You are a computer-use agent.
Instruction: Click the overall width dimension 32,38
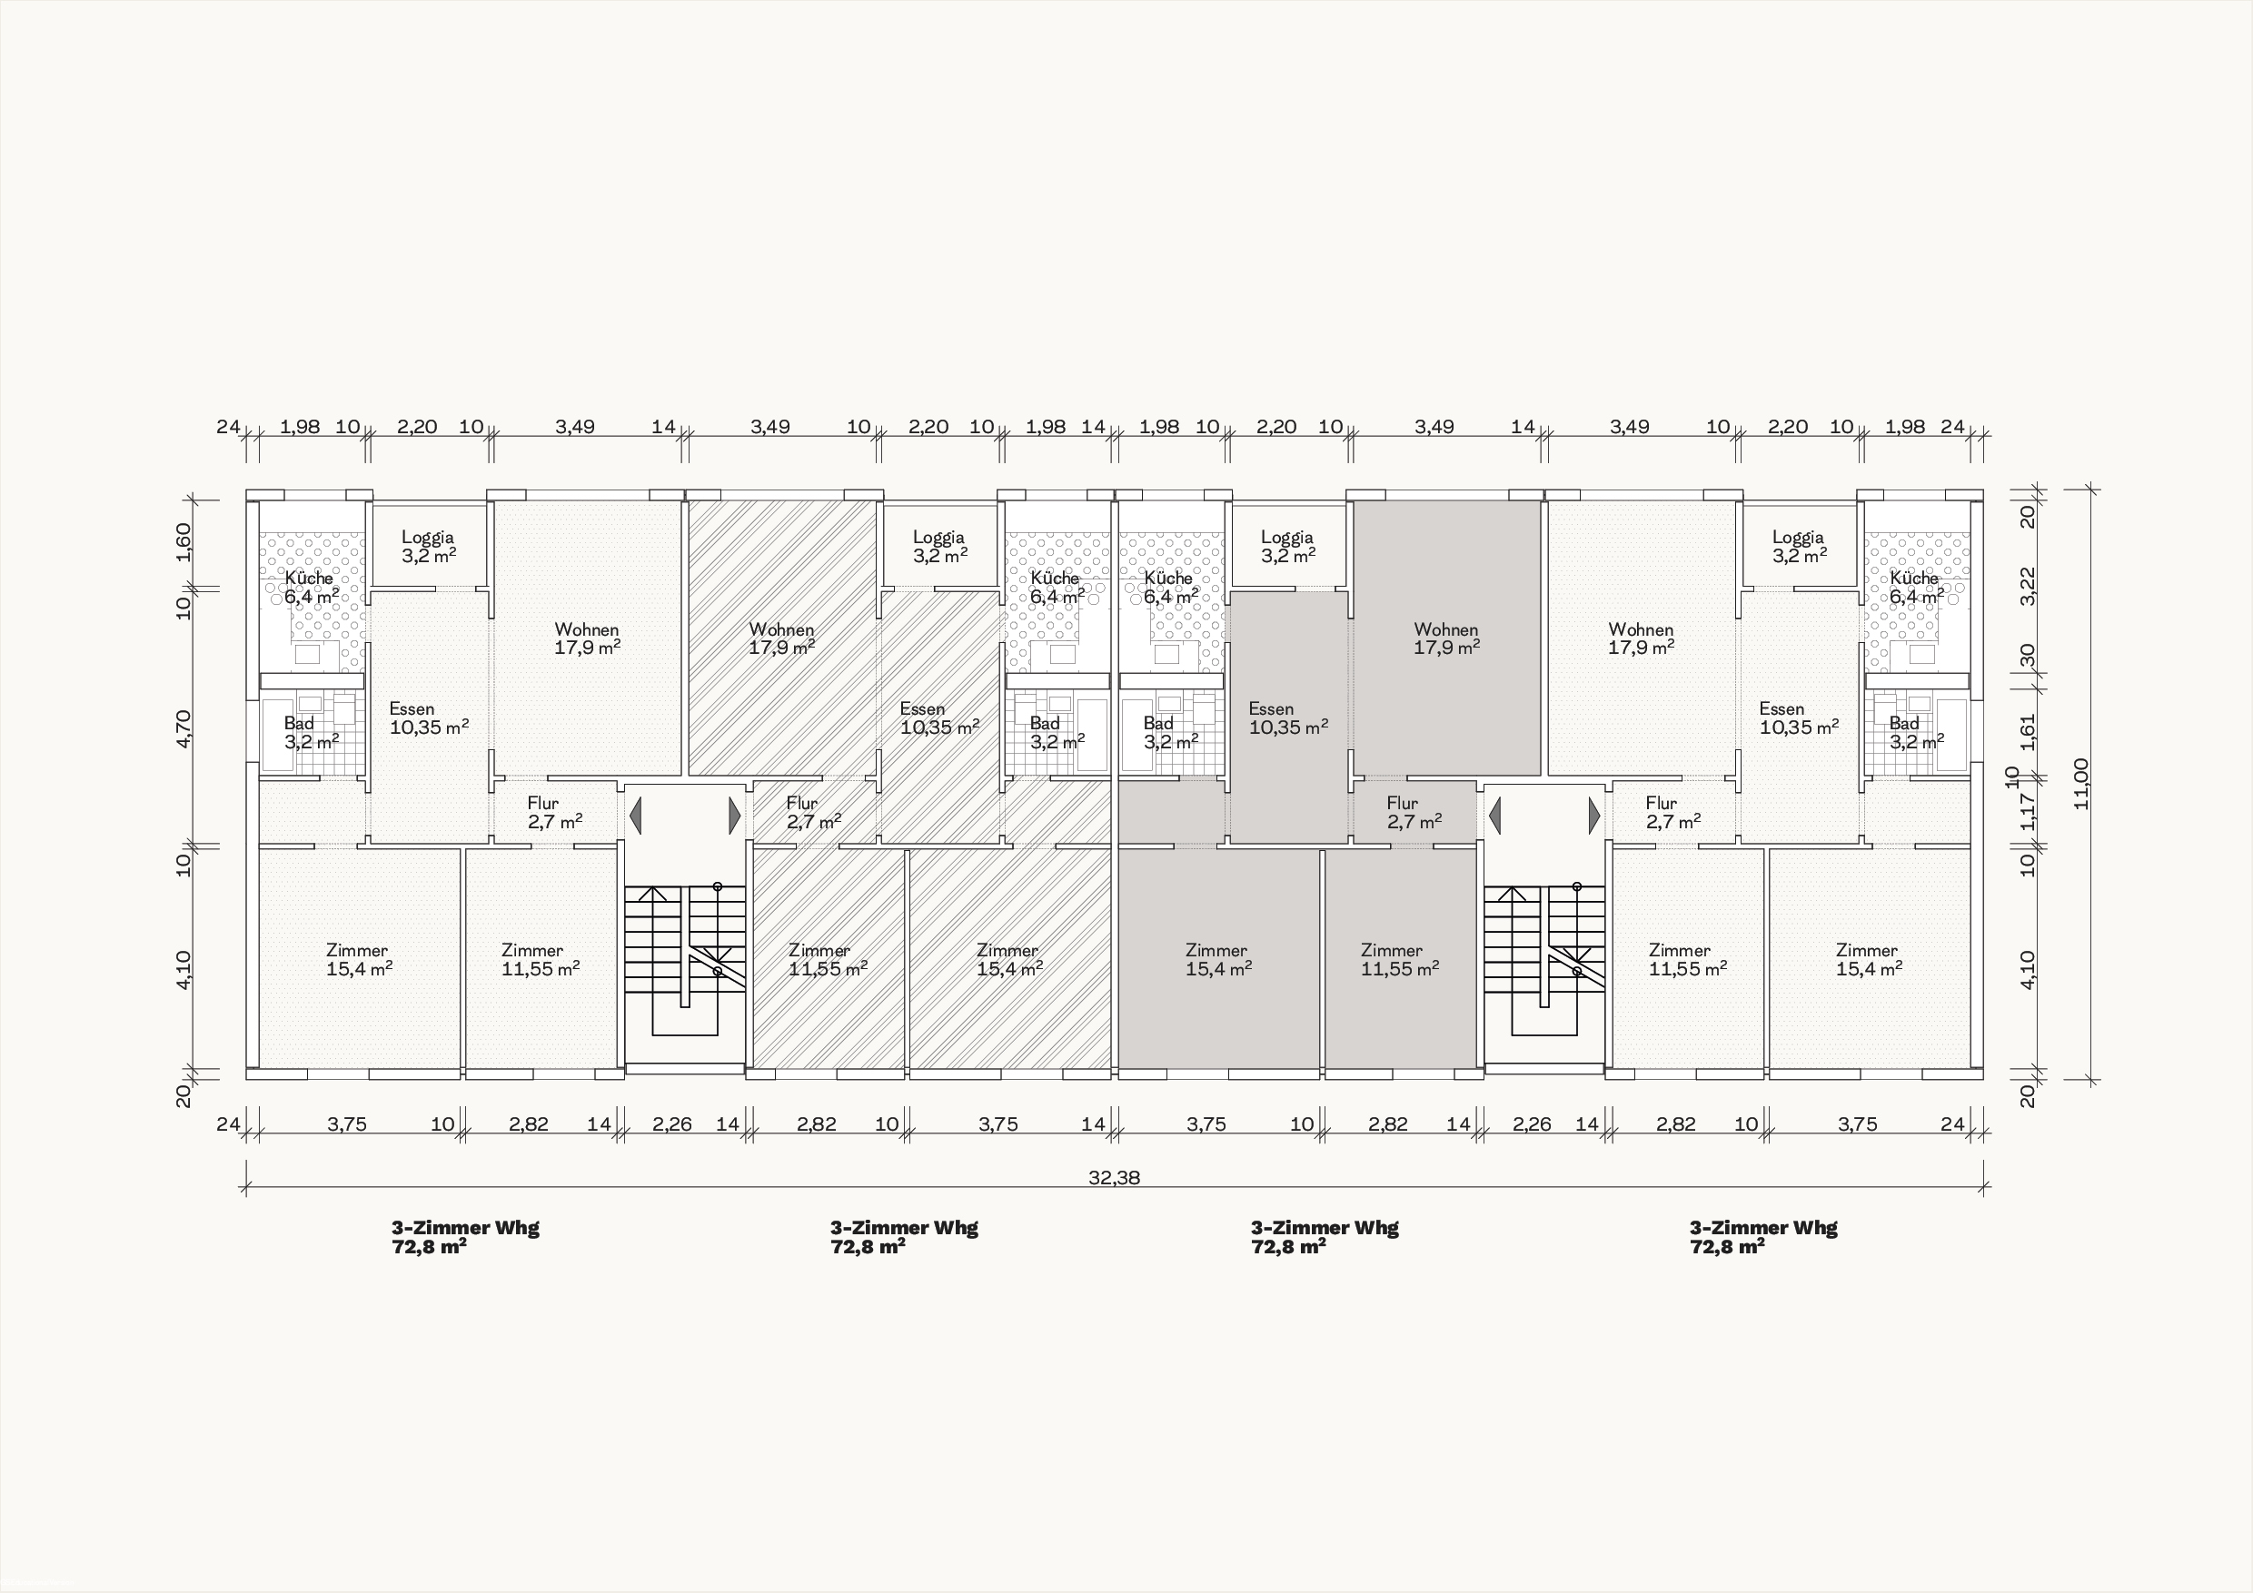(1114, 1177)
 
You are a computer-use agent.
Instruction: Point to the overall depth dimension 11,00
(2081, 784)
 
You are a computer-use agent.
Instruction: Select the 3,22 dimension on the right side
(2029, 587)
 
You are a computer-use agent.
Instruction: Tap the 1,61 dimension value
(2029, 731)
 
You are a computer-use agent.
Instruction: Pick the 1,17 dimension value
(2029, 811)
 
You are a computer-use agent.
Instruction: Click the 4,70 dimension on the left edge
(184, 727)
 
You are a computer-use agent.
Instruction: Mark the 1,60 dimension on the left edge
(184, 542)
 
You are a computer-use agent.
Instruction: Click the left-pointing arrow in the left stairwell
(635, 816)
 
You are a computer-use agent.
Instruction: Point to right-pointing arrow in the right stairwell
(1593, 816)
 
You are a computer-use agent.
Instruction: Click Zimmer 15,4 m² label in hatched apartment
(1008, 959)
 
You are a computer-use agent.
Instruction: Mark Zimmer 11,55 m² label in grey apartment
(1399, 959)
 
